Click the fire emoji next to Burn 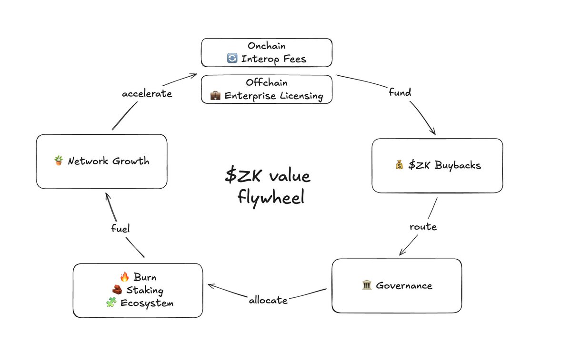(x=125, y=277)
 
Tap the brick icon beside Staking (x=117, y=290)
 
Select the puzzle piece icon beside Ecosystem (x=111, y=303)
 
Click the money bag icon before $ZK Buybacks (x=399, y=165)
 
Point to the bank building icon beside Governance (x=367, y=285)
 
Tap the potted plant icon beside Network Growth (x=59, y=161)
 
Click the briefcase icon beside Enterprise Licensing (x=215, y=96)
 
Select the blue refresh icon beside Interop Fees (x=232, y=59)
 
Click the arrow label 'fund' (x=400, y=92)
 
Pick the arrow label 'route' (x=423, y=227)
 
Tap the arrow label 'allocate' (x=268, y=300)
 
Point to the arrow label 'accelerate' (x=147, y=93)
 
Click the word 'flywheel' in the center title (x=270, y=197)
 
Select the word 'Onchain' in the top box (x=266, y=46)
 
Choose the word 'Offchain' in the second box (x=266, y=82)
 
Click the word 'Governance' (x=404, y=286)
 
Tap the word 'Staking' (x=145, y=291)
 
